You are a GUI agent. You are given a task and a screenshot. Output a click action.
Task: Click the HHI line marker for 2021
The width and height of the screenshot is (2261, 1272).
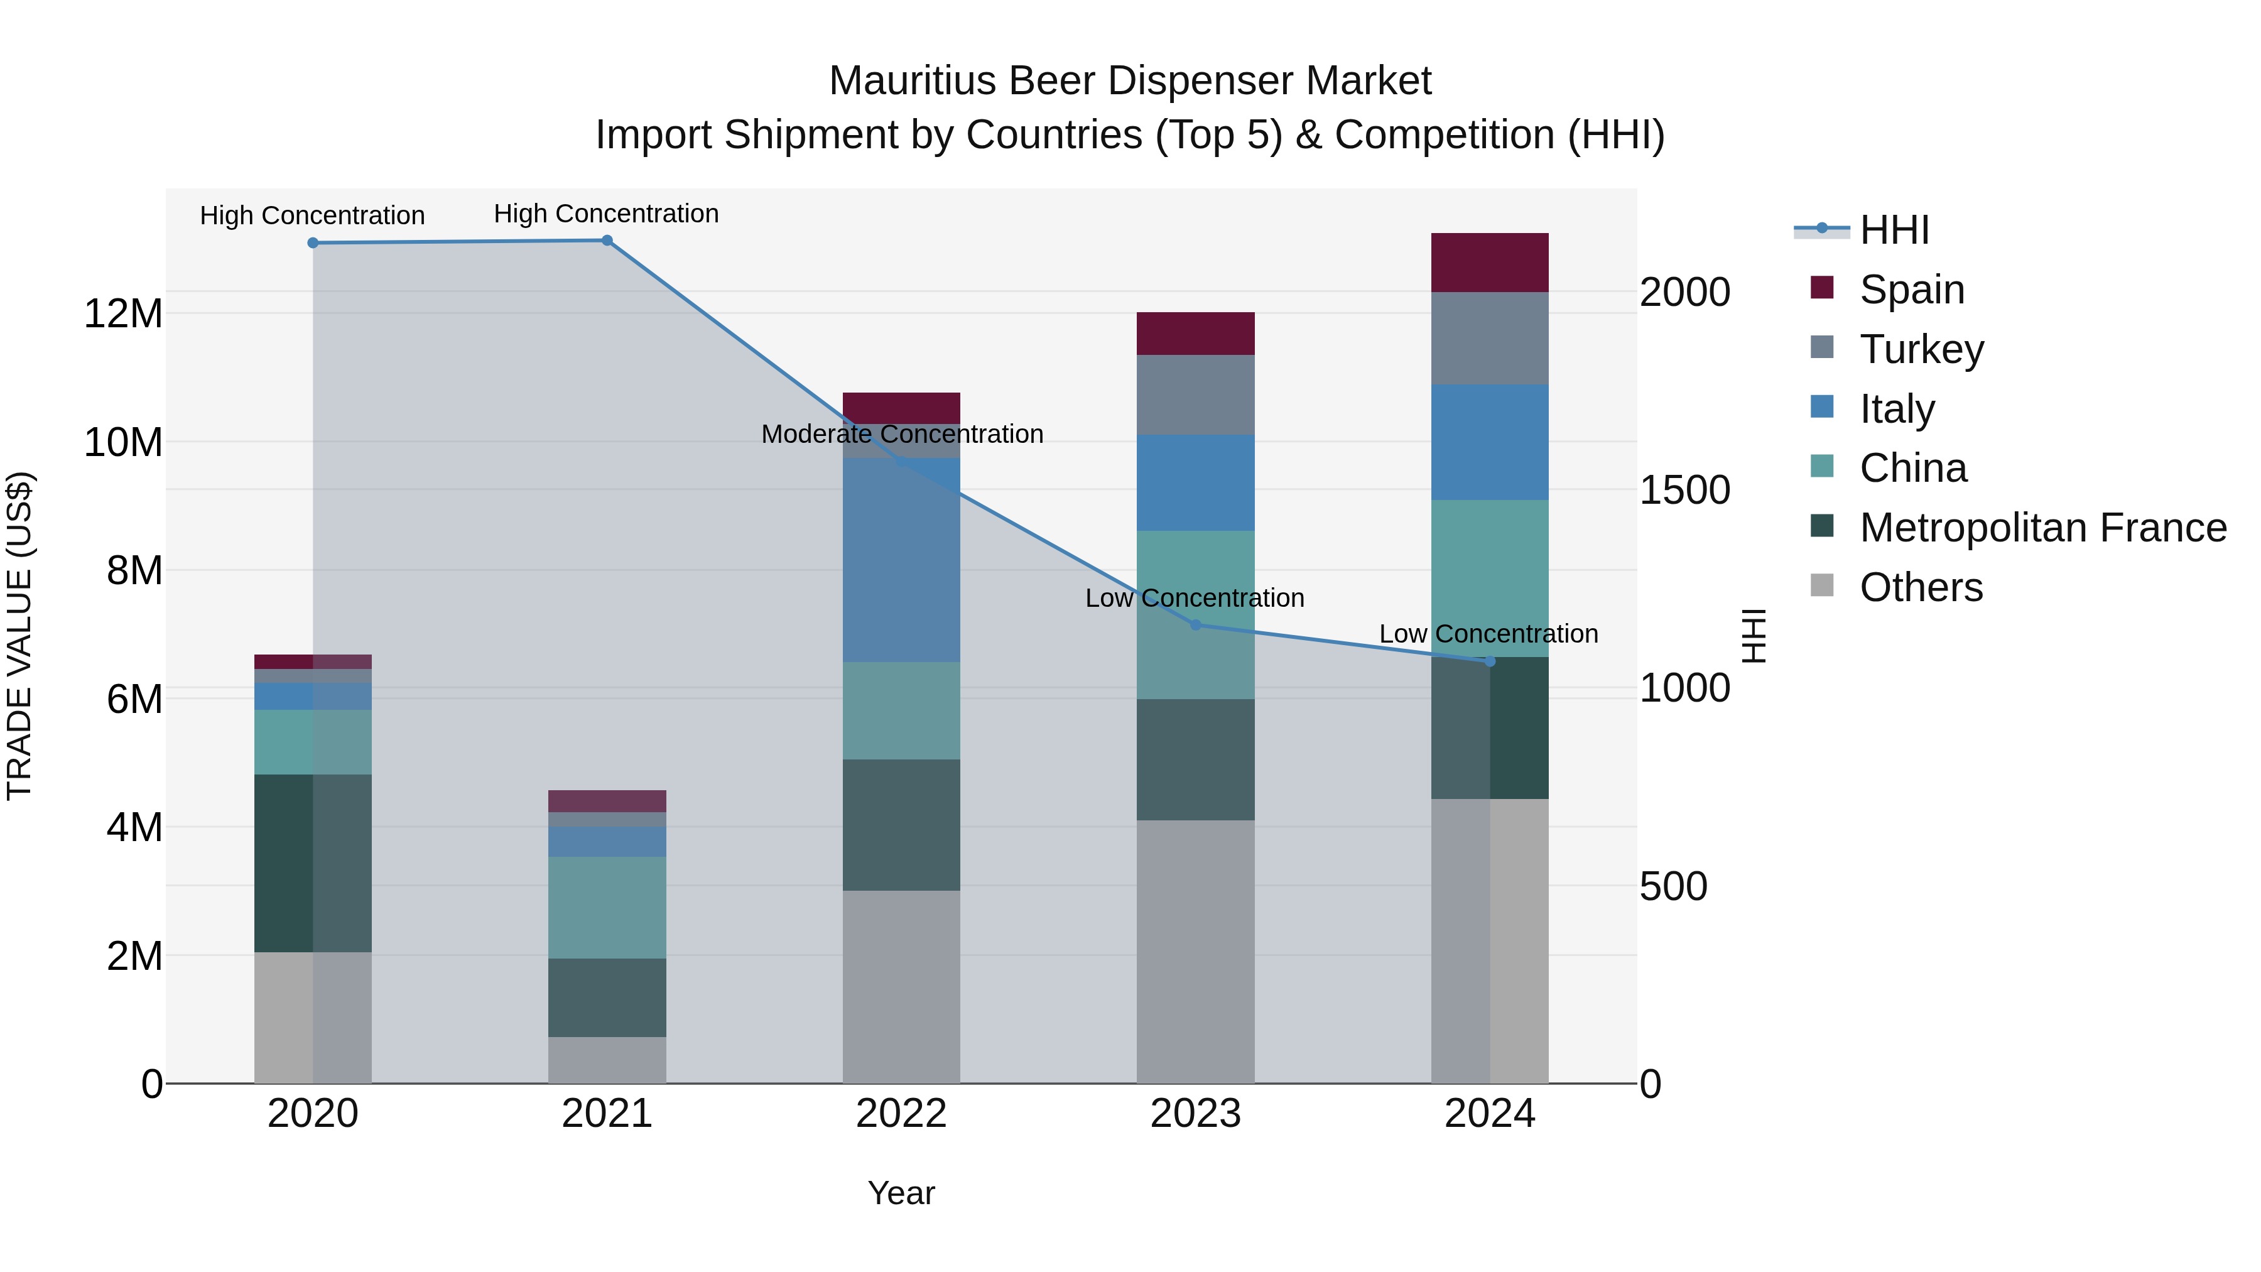(x=607, y=241)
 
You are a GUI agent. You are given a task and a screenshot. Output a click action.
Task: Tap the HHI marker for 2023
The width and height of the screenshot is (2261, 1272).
(x=1195, y=625)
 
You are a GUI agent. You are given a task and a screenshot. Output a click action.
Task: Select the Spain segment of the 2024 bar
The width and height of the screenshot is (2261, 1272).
(x=1490, y=263)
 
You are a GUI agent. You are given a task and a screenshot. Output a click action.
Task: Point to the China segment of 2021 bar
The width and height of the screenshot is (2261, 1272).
(x=607, y=907)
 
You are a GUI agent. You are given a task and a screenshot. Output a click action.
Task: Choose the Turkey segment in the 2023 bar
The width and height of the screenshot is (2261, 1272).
(x=1195, y=395)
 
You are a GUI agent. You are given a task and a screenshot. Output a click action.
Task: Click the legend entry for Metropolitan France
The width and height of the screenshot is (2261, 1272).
(x=2042, y=528)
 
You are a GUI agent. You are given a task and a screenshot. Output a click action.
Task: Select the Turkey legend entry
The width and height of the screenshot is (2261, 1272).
(x=1921, y=349)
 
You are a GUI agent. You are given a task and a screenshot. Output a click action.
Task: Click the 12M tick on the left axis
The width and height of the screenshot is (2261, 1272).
(x=123, y=313)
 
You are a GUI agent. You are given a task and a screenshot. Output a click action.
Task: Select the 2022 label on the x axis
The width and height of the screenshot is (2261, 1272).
(x=901, y=1114)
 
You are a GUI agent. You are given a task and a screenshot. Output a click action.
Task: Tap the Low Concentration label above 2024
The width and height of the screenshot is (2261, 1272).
(x=1488, y=633)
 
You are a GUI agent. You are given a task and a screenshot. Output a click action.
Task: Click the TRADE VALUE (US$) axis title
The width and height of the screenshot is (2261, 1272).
(x=19, y=636)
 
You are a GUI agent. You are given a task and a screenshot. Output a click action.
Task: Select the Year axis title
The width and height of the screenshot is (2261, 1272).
(x=901, y=1193)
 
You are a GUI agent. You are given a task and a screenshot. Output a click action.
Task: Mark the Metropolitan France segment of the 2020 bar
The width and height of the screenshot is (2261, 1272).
(x=313, y=863)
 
